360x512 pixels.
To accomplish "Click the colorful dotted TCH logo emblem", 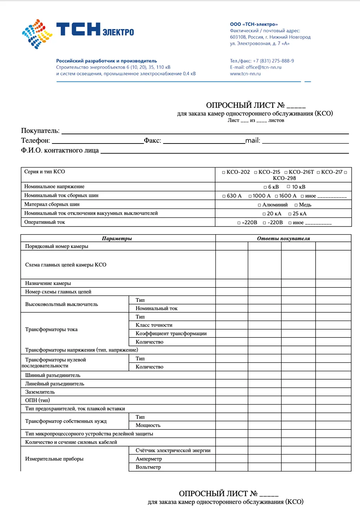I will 37,34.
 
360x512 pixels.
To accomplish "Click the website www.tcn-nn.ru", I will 245,74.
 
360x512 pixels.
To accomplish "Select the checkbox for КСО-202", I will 224,173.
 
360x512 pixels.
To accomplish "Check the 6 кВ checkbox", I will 265,187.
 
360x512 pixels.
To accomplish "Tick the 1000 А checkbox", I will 250,196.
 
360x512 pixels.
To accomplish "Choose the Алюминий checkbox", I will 259,205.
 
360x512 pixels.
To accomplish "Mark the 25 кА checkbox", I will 290,214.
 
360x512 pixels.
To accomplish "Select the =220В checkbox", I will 239,223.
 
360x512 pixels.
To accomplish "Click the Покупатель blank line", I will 205,132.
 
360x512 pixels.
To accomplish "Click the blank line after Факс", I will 204,142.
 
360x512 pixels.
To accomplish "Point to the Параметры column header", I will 117,238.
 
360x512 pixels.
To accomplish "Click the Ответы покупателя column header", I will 283,238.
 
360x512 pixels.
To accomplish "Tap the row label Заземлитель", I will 40,392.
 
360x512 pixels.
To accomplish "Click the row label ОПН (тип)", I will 37,400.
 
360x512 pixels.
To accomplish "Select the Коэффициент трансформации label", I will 171,333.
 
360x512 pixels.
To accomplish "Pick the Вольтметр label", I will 148,467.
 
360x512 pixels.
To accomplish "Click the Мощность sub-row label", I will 148,425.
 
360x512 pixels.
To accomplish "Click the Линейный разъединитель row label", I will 55,383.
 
